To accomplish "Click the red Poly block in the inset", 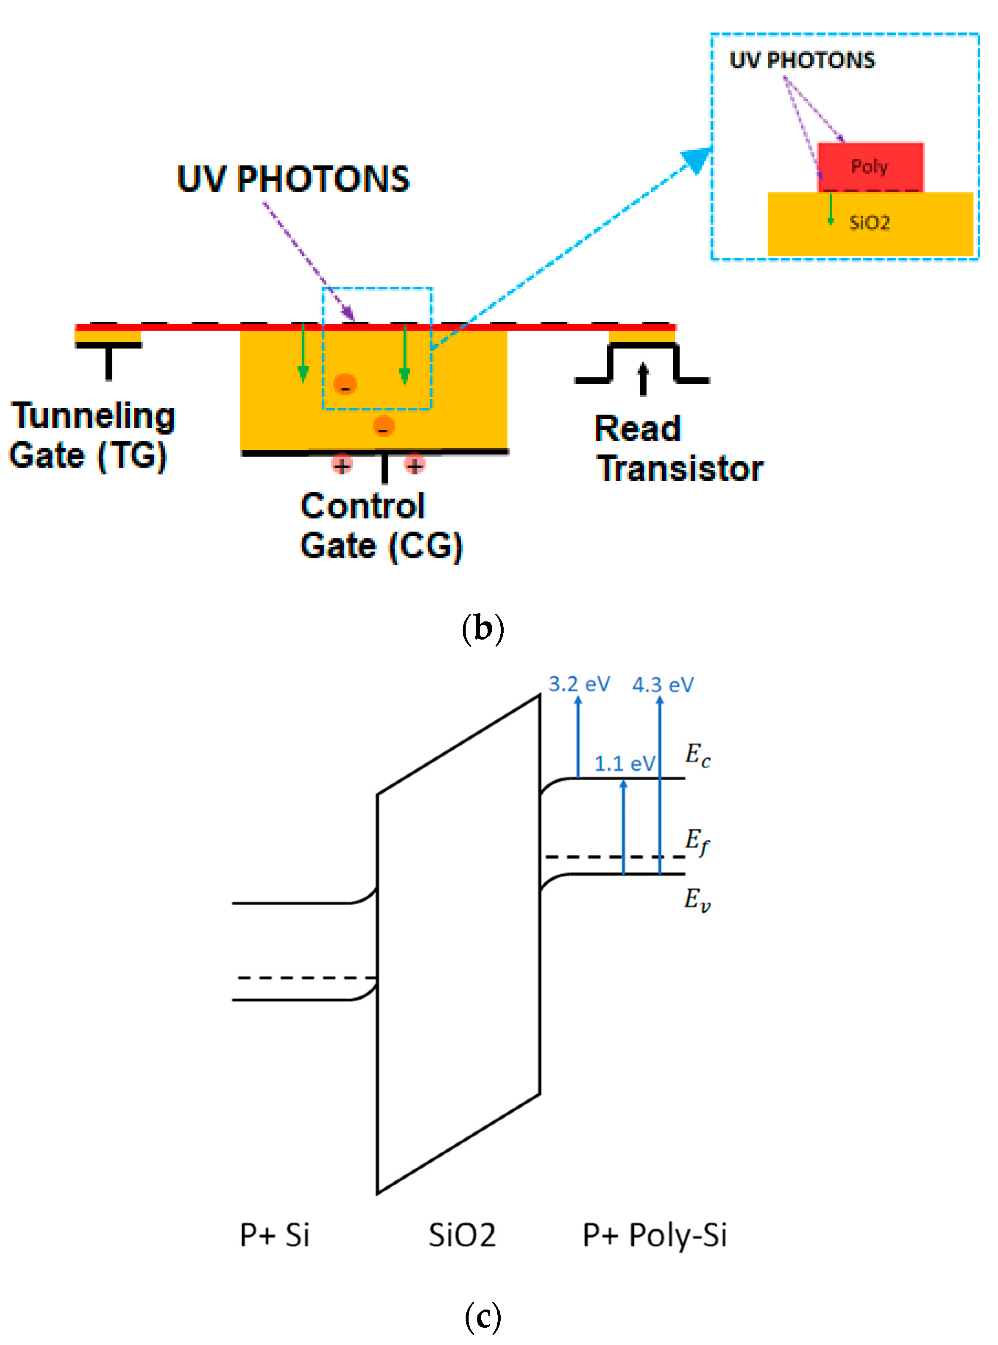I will point(870,167).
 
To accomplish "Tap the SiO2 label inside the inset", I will point(869,223).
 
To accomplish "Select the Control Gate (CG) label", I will point(381,526).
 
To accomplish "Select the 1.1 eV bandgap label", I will point(624,764).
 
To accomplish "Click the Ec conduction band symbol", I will point(697,755).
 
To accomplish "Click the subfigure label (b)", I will point(483,629).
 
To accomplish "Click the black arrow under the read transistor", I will point(644,379).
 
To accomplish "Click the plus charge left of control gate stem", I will point(342,466).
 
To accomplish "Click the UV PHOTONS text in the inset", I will point(802,60).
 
